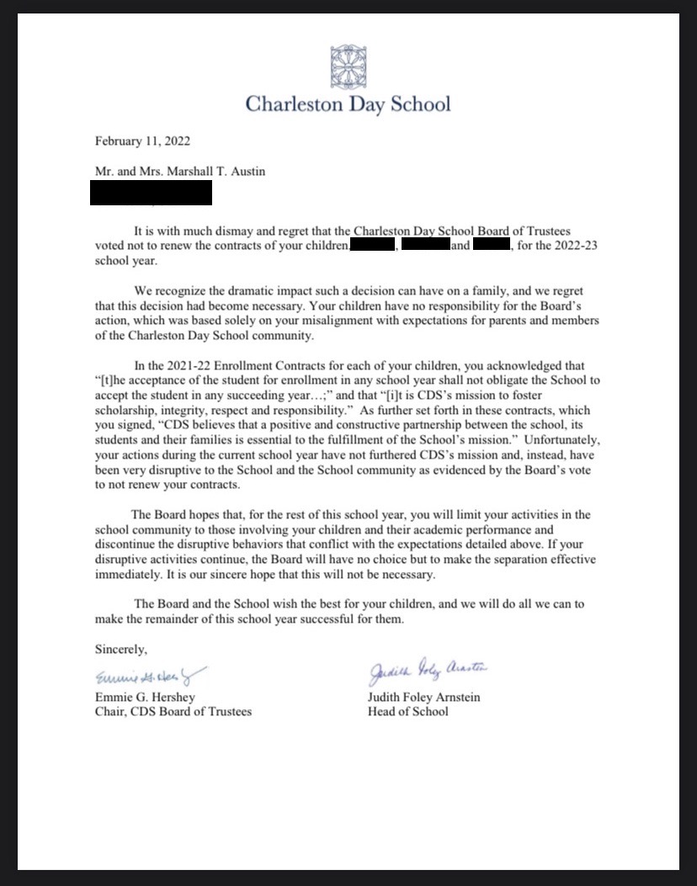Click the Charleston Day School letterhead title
(348, 104)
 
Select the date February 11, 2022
(148, 141)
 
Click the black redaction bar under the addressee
(151, 194)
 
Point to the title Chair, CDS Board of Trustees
(173, 712)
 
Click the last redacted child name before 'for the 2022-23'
(492, 245)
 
